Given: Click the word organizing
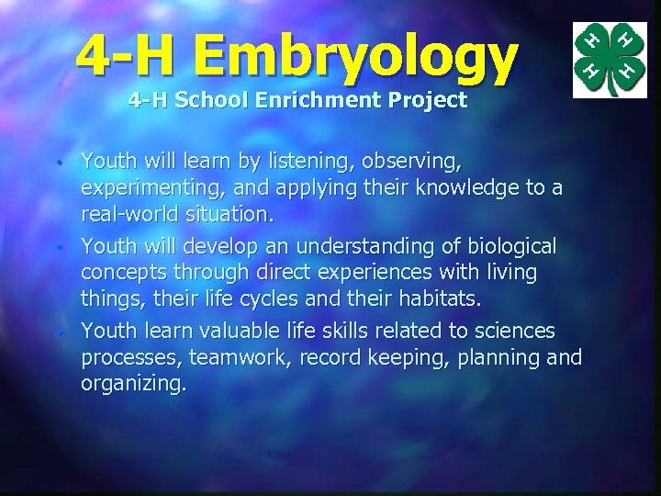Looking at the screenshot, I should pyautogui.click(x=134, y=384).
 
